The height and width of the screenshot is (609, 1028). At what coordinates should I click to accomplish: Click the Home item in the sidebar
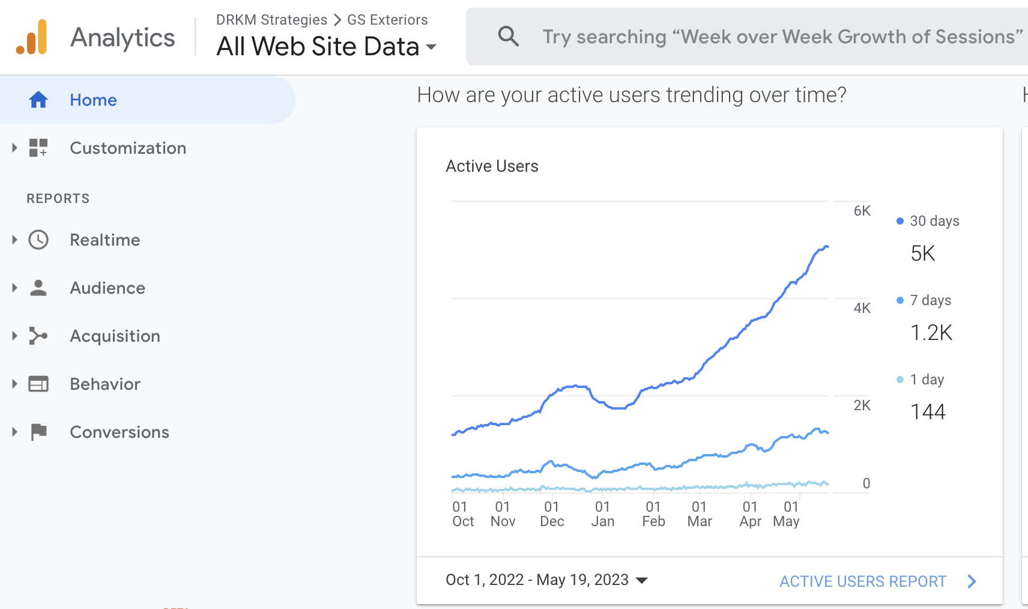coord(93,100)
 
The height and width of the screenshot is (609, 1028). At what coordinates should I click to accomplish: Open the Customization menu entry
coord(127,148)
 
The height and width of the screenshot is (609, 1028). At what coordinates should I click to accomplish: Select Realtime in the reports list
coord(104,240)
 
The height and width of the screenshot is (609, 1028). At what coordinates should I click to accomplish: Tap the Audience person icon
coord(38,288)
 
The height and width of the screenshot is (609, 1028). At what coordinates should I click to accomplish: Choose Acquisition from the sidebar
coord(115,336)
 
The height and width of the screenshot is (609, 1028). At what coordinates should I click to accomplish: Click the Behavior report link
coord(104,384)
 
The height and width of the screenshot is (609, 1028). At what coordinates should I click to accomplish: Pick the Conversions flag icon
coord(38,432)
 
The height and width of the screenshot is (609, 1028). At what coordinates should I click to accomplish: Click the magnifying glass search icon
coord(508,37)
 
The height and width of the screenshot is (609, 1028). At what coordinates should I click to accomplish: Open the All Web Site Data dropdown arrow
coord(431,47)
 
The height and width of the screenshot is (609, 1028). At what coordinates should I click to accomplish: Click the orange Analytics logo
coord(32,37)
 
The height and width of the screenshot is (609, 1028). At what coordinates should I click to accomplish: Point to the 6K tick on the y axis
coord(862,211)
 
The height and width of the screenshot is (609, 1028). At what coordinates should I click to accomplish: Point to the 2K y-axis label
coord(862,405)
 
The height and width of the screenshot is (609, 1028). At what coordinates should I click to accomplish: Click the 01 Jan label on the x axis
coord(602,514)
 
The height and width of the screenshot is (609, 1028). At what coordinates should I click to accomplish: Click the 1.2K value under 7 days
coord(931,333)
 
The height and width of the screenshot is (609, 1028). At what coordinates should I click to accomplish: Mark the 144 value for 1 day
coord(928,412)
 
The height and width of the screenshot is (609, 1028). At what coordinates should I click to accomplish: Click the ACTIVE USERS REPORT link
coord(863,581)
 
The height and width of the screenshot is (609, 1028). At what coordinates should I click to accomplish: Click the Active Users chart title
coord(492,166)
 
